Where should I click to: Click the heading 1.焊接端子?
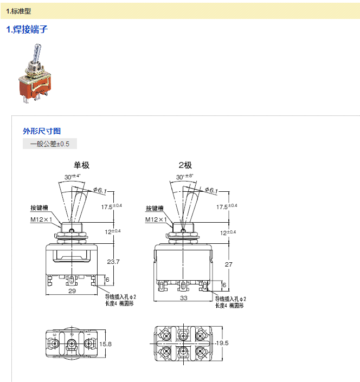[x=27, y=29]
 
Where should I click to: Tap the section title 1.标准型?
[x=18, y=10]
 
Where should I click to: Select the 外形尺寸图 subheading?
[x=42, y=131]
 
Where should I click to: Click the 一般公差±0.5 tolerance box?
[x=50, y=144]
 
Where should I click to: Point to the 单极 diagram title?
[x=81, y=165]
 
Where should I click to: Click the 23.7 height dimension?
[x=113, y=261]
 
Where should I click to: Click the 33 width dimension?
[x=184, y=299]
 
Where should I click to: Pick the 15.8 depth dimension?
[x=106, y=344]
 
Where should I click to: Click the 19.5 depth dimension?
[x=222, y=343]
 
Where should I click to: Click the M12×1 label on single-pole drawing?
[x=42, y=219]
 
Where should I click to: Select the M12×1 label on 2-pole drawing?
[x=156, y=219]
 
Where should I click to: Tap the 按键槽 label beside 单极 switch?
[x=39, y=208]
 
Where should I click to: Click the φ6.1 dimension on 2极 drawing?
[x=210, y=190]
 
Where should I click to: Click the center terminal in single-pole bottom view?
[x=71, y=344]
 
